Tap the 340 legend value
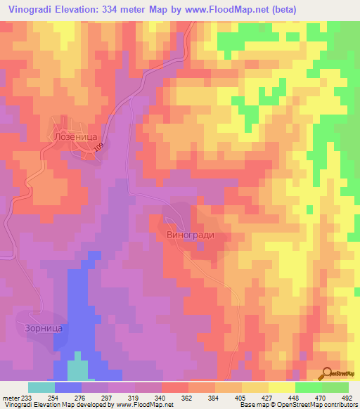coord(148,397)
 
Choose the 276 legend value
coord(86,397)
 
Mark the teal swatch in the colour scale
coord(41,387)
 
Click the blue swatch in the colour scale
coord(67,387)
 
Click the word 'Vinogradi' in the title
coord(27,9)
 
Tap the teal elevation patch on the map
coord(77,370)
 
